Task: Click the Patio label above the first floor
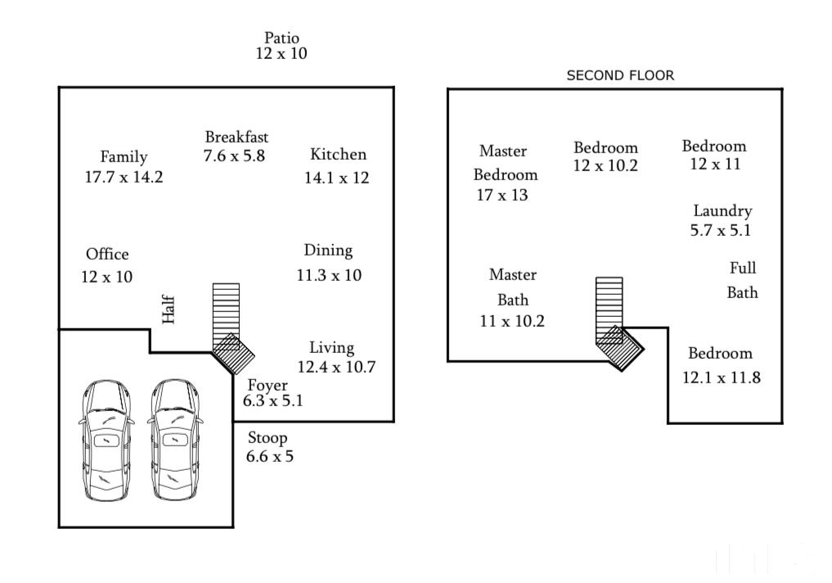(x=281, y=38)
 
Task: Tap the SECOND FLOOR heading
(x=620, y=75)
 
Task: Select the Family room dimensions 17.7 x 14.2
(x=124, y=177)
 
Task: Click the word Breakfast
(x=236, y=137)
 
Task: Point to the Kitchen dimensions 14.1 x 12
(x=336, y=178)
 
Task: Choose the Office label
(x=107, y=254)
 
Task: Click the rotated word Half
(x=169, y=310)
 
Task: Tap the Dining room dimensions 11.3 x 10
(x=329, y=275)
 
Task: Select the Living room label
(x=331, y=348)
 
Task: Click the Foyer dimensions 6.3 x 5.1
(x=272, y=400)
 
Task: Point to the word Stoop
(x=268, y=438)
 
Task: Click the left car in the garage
(x=106, y=441)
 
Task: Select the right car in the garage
(x=174, y=441)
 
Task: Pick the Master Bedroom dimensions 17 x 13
(x=502, y=196)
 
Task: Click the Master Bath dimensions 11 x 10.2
(x=512, y=321)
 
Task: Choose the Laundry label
(x=722, y=211)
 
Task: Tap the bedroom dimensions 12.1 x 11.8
(x=721, y=377)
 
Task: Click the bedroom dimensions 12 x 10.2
(x=605, y=165)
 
